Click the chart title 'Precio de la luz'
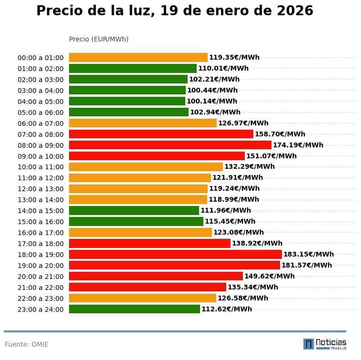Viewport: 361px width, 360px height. click(175, 11)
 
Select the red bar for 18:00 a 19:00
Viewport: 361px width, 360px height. click(175, 254)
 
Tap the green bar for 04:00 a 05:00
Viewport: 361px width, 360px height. click(127, 101)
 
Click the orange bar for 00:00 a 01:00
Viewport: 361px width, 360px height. click(138, 57)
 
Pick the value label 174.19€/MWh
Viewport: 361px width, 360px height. click(298, 145)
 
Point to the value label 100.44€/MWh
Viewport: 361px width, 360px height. click(212, 90)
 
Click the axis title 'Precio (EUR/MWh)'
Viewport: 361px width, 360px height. click(99, 39)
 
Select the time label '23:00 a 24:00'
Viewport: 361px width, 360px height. click(40, 309)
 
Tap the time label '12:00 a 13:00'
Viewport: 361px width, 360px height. click(40, 189)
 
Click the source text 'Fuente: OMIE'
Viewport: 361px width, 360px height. click(27, 344)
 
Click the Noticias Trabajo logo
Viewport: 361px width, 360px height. click(325, 344)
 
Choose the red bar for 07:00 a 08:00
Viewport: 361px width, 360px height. click(161, 134)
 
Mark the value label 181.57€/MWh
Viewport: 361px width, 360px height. click(307, 265)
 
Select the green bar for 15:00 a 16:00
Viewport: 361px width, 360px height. click(136, 221)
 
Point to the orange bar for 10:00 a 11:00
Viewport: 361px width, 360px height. click(146, 167)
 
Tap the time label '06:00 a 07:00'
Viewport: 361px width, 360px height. click(40, 123)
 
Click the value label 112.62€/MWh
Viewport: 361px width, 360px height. click(227, 309)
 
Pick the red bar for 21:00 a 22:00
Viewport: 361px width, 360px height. click(148, 287)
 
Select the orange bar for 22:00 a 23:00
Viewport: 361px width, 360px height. click(142, 298)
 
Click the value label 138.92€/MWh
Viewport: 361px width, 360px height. click(257, 243)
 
